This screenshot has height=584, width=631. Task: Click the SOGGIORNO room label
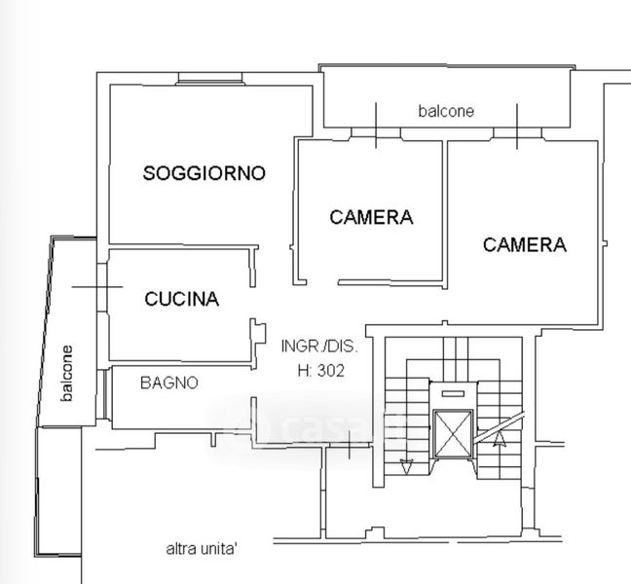tap(204, 173)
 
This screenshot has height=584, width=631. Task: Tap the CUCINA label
tap(182, 299)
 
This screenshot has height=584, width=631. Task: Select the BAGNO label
tap(169, 383)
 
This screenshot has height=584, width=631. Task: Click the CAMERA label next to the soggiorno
tap(371, 217)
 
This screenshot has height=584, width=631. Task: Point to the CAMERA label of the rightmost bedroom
tap(525, 244)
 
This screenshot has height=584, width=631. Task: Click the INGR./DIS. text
tap(319, 347)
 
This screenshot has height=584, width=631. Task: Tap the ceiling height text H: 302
tap(321, 371)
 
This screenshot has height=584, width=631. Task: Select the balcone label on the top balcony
tap(446, 111)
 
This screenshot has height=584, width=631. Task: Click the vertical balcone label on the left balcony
tap(67, 373)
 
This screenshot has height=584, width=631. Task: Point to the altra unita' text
tap(202, 549)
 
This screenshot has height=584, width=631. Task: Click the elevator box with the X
tap(453, 434)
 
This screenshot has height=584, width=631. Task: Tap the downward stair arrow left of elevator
tap(406, 467)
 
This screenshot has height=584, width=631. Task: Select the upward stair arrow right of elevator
tap(500, 438)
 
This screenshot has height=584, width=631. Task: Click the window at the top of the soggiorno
tap(210, 78)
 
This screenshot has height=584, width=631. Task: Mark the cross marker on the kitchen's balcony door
tap(97, 287)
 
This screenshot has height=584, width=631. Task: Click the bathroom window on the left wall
tap(105, 394)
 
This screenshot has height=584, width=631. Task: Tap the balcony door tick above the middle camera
tap(376, 126)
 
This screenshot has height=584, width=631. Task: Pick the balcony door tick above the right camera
tap(517, 126)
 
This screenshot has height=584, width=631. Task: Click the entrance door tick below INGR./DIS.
tap(350, 445)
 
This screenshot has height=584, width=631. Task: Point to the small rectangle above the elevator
tap(453, 393)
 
